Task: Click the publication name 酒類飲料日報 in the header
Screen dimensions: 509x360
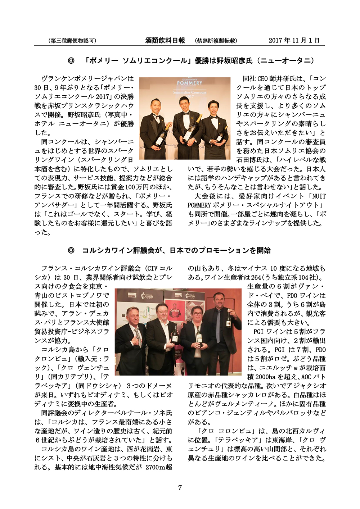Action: (165, 41)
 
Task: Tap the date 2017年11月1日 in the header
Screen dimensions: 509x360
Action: (294, 41)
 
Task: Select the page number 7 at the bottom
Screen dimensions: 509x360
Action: (180, 488)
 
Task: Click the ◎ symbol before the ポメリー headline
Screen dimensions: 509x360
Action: (71, 61)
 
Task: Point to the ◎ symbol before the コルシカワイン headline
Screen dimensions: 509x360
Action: (71, 250)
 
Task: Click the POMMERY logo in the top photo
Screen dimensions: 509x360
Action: (189, 83)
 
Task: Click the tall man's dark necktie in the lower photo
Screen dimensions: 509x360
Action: (218, 326)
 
